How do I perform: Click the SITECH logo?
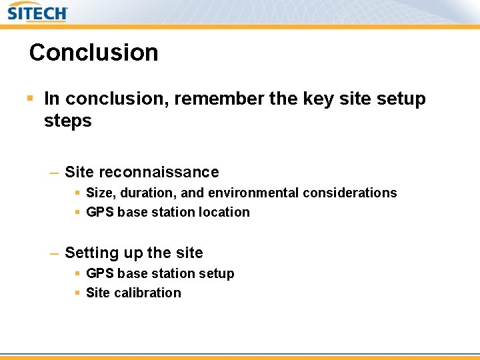pyautogui.click(x=37, y=13)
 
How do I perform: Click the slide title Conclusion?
pyautogui.click(x=94, y=53)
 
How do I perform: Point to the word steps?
pyautogui.click(x=67, y=121)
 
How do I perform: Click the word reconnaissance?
pyautogui.click(x=159, y=172)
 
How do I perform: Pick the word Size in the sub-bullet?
pyautogui.click(x=100, y=193)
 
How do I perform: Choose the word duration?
pyautogui.click(x=146, y=193)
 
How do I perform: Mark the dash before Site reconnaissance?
pyautogui.click(x=54, y=173)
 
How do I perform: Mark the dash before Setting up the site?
pyautogui.click(x=54, y=253)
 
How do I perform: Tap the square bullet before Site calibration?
pyautogui.click(x=77, y=293)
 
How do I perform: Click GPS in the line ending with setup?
pyautogui.click(x=100, y=273)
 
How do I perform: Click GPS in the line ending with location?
pyautogui.click(x=100, y=212)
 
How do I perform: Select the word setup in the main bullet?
pyautogui.click(x=401, y=99)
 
